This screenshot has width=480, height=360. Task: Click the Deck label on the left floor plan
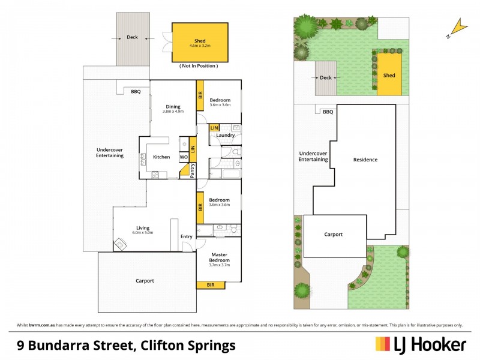point(132,37)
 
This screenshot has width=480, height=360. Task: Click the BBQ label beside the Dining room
point(136,92)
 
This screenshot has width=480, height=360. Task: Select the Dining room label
point(173,105)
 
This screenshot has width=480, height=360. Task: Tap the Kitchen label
point(161,157)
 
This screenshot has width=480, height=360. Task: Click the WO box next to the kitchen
point(184,157)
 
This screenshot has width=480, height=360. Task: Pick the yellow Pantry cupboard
point(193,170)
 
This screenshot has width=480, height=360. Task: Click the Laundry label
point(226,135)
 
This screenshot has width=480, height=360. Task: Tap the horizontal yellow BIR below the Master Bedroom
point(211,284)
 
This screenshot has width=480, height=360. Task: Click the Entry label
point(187,236)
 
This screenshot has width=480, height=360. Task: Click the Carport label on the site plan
point(334,235)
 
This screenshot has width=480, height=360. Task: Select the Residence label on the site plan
point(365,160)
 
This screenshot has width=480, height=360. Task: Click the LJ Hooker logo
point(421,344)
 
